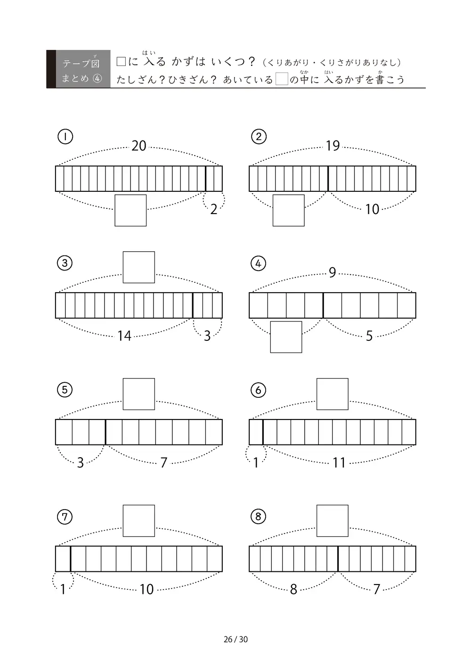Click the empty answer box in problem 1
[x=130, y=211]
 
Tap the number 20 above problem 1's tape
[x=139, y=146]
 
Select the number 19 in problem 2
[x=333, y=146]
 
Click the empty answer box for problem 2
[x=288, y=211]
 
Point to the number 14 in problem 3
[x=124, y=336]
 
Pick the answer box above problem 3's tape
[x=138, y=267]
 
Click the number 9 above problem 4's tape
[x=333, y=272]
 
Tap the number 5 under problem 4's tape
[x=369, y=336]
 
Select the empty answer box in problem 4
[x=286, y=337]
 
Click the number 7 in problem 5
[x=164, y=463]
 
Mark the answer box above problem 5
[x=138, y=394]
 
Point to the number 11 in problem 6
[x=339, y=463]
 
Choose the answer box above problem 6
[x=333, y=394]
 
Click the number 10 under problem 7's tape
[x=146, y=589]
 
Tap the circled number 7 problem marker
[x=65, y=517]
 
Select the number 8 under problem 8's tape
[x=293, y=589]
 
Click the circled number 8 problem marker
[x=258, y=517]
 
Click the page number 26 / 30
[x=235, y=639]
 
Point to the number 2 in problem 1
[x=214, y=210]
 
